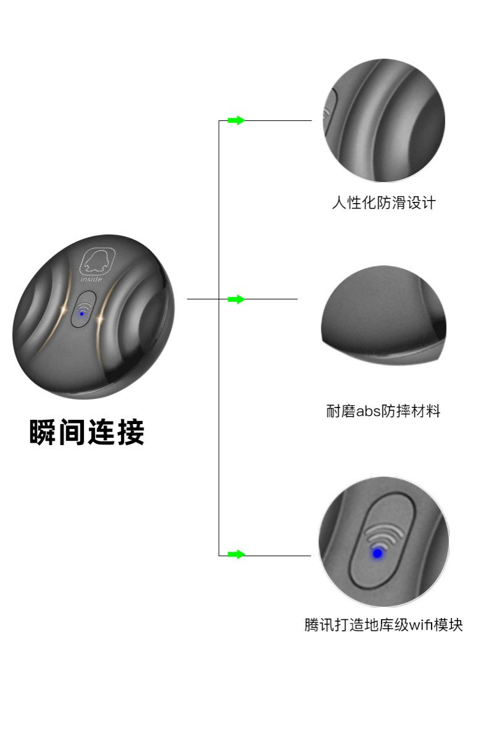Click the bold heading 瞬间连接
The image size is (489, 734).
[86, 433]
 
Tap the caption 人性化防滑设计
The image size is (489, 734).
[384, 202]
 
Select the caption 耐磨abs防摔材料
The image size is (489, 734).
[384, 411]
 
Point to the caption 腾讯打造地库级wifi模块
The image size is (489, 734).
[384, 625]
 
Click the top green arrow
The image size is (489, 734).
[236, 120]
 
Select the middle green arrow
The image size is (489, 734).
[236, 299]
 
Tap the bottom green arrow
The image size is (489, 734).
[236, 554]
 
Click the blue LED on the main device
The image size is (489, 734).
[82, 314]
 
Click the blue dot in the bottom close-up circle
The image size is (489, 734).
[377, 553]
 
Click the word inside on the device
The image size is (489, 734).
[91, 279]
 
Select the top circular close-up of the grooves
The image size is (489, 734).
[384, 120]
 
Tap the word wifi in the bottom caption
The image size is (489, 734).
[418, 625]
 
